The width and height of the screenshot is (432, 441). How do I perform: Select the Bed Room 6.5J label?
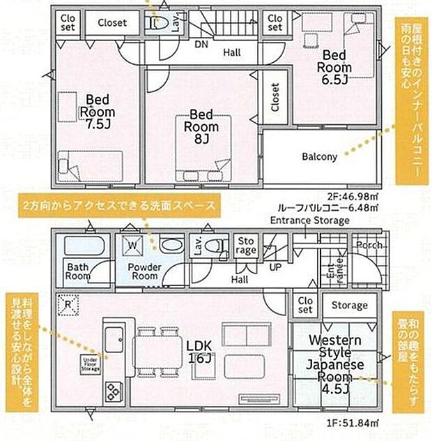[x=334, y=68]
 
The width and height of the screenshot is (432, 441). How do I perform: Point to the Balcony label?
[x=319, y=157]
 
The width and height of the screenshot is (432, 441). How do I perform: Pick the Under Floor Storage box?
[x=89, y=363]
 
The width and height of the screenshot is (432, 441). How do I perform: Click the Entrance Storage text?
[x=310, y=221]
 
